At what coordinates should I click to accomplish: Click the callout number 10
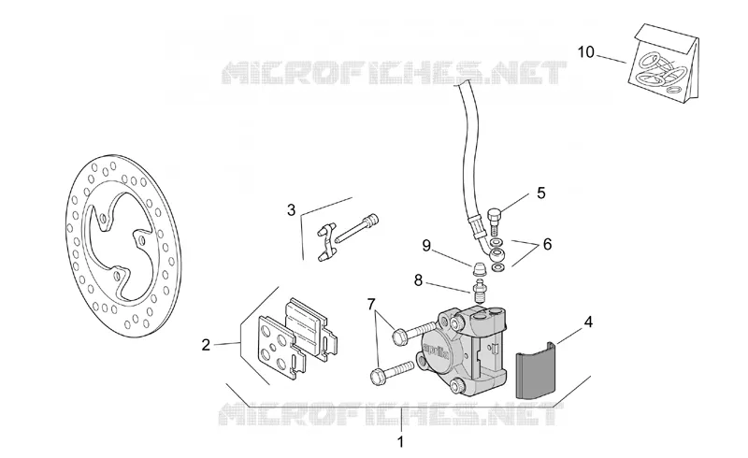(586, 51)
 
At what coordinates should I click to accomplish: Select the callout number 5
(540, 193)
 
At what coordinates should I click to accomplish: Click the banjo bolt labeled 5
(494, 221)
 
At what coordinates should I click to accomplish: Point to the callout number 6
(547, 244)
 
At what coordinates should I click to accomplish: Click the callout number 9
(426, 246)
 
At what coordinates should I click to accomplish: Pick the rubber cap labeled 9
(479, 269)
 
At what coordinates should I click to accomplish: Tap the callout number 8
(418, 280)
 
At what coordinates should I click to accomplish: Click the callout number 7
(371, 303)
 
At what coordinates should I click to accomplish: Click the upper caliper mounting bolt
(413, 331)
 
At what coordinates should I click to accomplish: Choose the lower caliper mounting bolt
(391, 372)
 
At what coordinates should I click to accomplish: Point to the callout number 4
(588, 322)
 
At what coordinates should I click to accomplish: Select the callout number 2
(206, 345)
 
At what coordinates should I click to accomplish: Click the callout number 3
(291, 209)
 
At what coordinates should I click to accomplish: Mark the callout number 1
(401, 442)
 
